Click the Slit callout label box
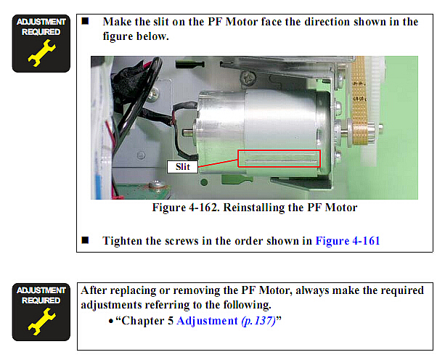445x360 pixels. click(x=182, y=167)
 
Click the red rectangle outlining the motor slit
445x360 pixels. click(x=279, y=150)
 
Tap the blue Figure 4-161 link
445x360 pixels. click(x=348, y=241)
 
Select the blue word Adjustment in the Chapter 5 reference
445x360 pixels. click(x=207, y=321)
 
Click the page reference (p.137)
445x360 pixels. click(x=258, y=321)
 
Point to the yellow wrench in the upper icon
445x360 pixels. click(x=42, y=53)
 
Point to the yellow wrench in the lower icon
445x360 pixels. click(x=42, y=322)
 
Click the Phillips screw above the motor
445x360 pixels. click(x=248, y=77)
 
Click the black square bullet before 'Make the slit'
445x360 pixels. click(x=85, y=21)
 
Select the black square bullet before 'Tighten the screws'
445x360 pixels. click(x=85, y=240)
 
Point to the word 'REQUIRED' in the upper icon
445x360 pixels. click(x=41, y=32)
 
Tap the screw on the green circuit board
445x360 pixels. click(x=155, y=186)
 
